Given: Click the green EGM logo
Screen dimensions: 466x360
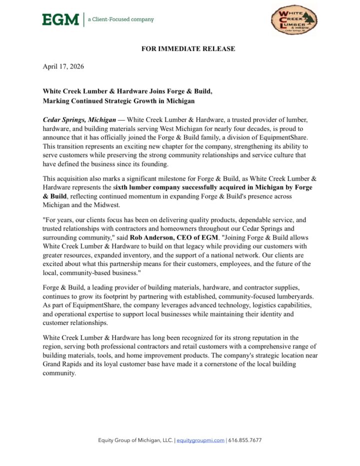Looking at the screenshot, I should (x=60, y=19).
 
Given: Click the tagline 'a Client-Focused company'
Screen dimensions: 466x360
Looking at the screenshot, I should (x=120, y=19).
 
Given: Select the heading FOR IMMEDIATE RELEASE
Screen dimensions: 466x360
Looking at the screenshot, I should (x=188, y=49).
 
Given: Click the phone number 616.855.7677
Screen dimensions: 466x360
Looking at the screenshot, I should (x=245, y=440).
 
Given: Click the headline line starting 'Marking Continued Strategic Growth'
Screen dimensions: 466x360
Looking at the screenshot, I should (x=118, y=100).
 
